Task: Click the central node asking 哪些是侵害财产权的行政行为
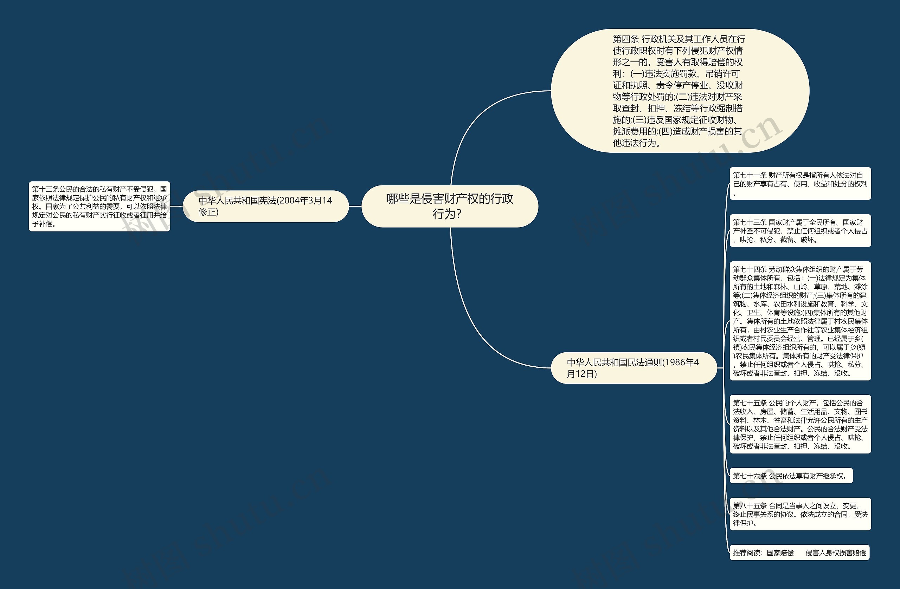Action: tap(450, 206)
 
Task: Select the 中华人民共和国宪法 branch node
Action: tap(265, 206)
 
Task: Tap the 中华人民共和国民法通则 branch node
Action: tap(634, 368)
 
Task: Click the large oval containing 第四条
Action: tap(680, 91)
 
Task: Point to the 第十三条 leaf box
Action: tap(99, 206)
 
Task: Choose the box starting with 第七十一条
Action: tap(800, 184)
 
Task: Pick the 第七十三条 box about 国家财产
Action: tap(800, 230)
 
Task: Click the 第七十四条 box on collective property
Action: tap(800, 321)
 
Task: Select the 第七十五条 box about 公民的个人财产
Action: tap(800, 424)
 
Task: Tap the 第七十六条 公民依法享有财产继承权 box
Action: tap(791, 476)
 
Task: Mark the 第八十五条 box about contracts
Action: tap(800, 514)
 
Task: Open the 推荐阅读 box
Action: tap(799, 553)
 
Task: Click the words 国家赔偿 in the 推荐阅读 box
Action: tap(780, 553)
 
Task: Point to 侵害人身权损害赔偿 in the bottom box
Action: tap(836, 553)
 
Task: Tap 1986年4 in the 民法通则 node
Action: tap(681, 362)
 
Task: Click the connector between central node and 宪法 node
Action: tap(355, 206)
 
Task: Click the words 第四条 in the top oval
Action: tap(625, 39)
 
